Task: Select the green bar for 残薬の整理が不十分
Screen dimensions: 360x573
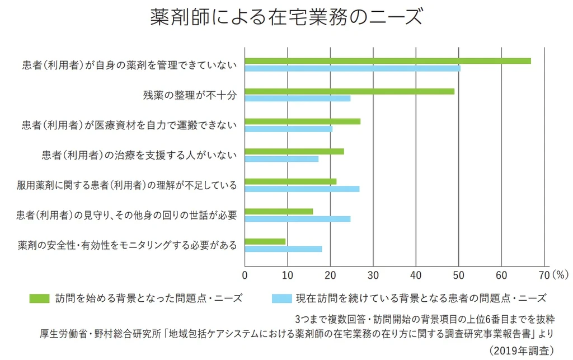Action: (x=349, y=91)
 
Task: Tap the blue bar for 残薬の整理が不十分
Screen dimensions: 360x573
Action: (x=297, y=99)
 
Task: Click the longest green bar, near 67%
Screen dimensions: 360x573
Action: (x=387, y=61)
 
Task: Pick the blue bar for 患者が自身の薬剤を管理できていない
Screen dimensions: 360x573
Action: (x=352, y=68)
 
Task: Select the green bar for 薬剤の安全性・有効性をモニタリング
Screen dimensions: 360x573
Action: (x=265, y=242)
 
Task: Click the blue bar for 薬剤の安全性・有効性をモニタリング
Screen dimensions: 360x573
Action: (x=283, y=249)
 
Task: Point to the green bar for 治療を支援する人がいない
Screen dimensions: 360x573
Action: (x=294, y=151)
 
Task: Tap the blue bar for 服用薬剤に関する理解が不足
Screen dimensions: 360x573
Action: (x=302, y=189)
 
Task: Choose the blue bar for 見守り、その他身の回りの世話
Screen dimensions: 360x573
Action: (x=297, y=219)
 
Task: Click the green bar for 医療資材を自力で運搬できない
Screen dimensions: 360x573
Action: (x=302, y=121)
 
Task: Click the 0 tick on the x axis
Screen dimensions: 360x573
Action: (x=245, y=275)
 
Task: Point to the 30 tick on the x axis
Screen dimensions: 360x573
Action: (x=373, y=275)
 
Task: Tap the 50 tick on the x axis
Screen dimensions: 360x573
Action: (x=459, y=275)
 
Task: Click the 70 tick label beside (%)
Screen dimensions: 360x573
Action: (x=543, y=275)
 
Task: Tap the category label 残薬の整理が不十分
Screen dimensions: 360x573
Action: (x=190, y=95)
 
